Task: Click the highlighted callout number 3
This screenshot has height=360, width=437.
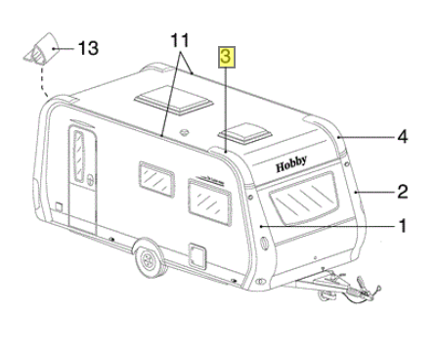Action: tap(227, 57)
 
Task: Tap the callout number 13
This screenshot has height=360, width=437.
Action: tap(88, 49)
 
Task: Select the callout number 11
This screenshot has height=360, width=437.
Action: tap(180, 40)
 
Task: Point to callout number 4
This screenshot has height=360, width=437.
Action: tap(403, 137)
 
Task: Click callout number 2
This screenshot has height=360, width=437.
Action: tap(403, 192)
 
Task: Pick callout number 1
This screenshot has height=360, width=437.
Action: tap(403, 226)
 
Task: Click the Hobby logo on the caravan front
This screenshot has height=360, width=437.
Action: tap(291, 164)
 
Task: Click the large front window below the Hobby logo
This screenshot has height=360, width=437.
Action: tap(304, 198)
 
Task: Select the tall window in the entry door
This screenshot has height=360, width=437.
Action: tap(79, 156)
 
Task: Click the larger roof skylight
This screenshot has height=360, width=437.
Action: tap(174, 100)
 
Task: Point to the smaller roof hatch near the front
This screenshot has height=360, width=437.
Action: tap(245, 133)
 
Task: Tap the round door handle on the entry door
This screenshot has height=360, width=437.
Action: tap(91, 180)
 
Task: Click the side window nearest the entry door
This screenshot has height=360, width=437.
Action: tap(156, 179)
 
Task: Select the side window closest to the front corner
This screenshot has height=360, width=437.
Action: tap(209, 202)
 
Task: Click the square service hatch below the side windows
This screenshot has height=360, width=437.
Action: tap(197, 255)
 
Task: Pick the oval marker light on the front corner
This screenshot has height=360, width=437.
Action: tap(265, 244)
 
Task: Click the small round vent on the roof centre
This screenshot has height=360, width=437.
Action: tap(185, 132)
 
